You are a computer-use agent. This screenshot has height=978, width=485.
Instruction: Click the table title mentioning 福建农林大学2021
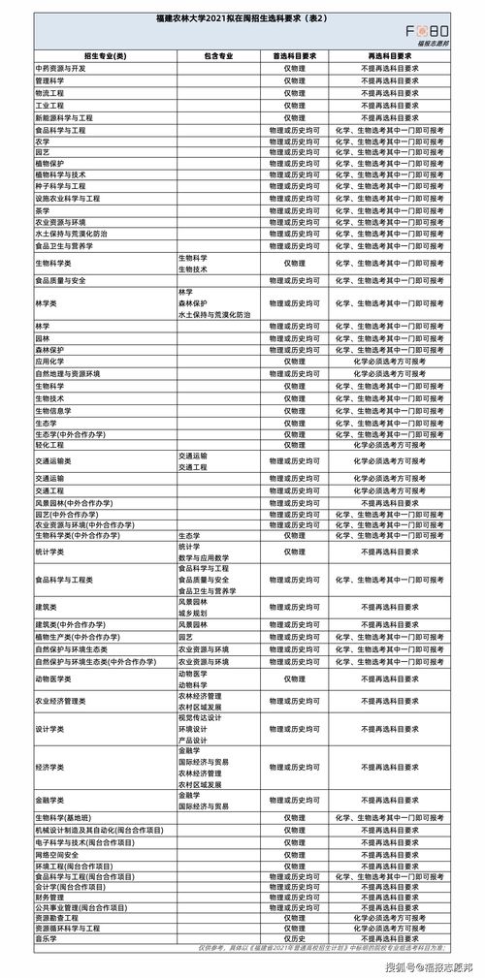click(x=242, y=18)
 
